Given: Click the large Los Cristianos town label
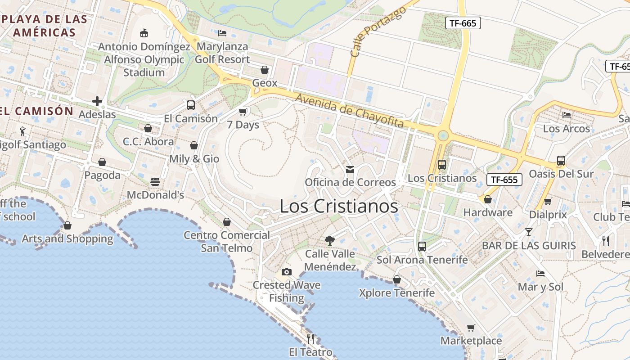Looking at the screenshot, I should tap(339, 206).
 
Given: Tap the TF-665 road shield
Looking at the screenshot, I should tap(463, 23).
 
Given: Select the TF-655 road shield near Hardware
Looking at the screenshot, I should tap(504, 180).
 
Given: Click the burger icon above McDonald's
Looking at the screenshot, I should tap(155, 182).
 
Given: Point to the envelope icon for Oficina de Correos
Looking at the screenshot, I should tap(350, 170).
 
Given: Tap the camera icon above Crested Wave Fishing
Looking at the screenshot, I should tap(286, 272).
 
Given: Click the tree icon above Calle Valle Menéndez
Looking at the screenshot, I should tap(330, 240).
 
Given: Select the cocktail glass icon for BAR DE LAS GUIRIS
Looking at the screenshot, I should tap(528, 232).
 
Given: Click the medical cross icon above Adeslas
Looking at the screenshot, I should tap(97, 101).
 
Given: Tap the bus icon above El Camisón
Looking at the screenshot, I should tap(191, 105).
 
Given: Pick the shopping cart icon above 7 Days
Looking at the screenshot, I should tap(243, 111).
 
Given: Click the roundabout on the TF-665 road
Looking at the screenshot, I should tap(443, 135).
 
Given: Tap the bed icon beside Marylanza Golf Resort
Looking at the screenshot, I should tap(222, 33).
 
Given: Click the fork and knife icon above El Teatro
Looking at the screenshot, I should tap(310, 338).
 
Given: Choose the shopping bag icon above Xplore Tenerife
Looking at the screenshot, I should tap(396, 279).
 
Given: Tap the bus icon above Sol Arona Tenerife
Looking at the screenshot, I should tap(422, 246).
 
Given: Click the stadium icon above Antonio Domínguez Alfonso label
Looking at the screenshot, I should tap(144, 33).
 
